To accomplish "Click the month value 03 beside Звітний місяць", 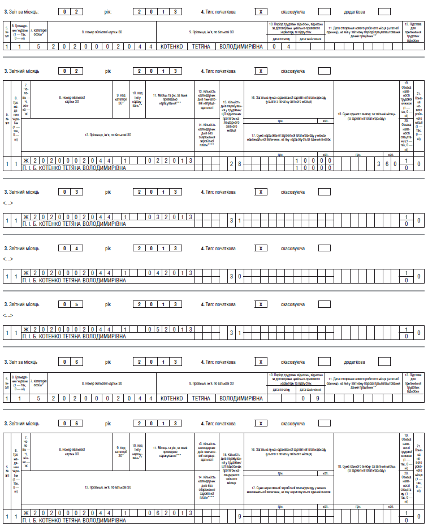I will tap(74, 192).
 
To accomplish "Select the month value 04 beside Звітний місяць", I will tap(74, 249).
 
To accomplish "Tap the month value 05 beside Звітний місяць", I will tap(74, 304).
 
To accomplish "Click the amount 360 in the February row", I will tap(387, 162).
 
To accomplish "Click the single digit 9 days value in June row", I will tap(239, 516).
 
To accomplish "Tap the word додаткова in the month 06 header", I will tap(354, 361).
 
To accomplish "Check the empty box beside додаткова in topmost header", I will tap(384, 11).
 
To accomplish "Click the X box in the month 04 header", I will tap(260, 249).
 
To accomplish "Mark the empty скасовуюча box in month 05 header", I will tap(324, 304).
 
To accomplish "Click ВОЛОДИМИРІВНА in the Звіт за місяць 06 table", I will tap(241, 398).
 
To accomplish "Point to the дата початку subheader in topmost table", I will tap(283, 38).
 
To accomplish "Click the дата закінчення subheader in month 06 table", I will tap(310, 390).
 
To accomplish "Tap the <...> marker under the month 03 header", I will tap(8, 203).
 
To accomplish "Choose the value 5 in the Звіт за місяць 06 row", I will tap(38, 398).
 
